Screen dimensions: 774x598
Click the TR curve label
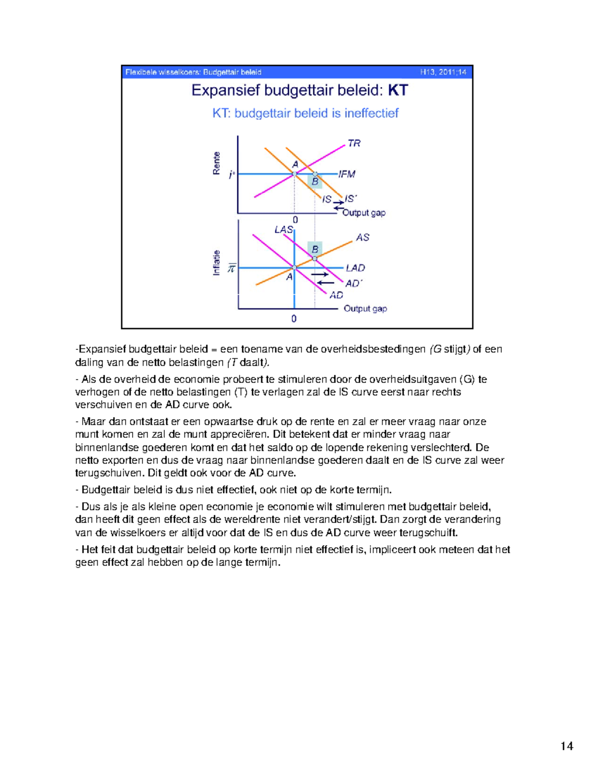354,144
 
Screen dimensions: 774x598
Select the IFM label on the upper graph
347,174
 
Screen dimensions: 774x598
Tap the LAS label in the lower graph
284,229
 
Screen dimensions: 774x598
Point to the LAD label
355,268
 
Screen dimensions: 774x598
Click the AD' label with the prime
354,283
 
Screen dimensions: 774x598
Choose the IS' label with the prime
351,198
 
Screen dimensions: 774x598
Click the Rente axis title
217,163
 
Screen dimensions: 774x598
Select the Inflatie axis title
217,263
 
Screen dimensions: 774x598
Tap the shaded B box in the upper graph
315,181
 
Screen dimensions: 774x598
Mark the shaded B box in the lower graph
315,249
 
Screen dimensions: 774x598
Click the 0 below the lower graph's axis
294,318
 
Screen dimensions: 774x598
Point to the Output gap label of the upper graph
364,213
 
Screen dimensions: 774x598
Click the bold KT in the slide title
398,90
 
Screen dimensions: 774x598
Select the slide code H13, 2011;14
443,72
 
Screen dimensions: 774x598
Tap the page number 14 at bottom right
567,746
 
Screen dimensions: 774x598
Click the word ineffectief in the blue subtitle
371,113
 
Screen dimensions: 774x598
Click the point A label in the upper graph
295,164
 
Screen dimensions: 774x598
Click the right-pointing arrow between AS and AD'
320,274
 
